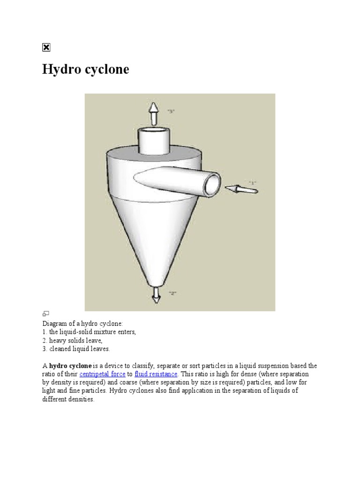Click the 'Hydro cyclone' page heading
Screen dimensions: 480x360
point(86,69)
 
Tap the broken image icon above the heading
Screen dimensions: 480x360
point(46,47)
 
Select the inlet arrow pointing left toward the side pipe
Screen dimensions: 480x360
point(241,189)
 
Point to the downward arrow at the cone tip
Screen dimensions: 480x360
point(156,295)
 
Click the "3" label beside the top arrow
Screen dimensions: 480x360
point(171,111)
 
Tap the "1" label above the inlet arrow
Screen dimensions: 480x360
point(252,181)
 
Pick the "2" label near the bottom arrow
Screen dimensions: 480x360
point(172,293)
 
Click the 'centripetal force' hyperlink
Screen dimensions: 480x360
point(102,374)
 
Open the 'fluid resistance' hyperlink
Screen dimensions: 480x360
point(156,374)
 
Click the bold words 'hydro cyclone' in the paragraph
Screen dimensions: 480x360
point(70,366)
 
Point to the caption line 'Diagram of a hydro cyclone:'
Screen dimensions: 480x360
point(82,323)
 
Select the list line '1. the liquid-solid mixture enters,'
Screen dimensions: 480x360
point(89,332)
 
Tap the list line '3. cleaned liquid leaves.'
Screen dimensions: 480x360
point(76,349)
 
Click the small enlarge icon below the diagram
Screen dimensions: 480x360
point(46,313)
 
